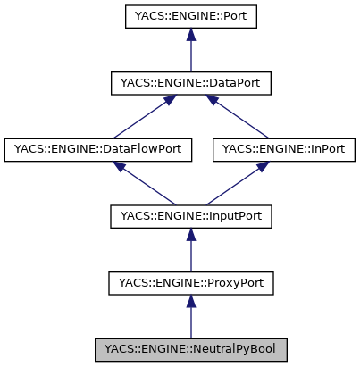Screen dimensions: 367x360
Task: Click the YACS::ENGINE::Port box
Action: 190,17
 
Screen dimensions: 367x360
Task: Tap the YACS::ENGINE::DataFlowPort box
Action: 98,149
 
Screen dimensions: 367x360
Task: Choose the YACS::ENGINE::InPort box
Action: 283,149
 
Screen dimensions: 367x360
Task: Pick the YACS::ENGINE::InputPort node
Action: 190,216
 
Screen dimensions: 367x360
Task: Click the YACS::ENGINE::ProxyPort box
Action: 190,283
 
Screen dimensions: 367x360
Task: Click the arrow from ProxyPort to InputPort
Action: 190,251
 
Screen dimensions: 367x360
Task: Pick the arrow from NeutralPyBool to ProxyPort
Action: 190,317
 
